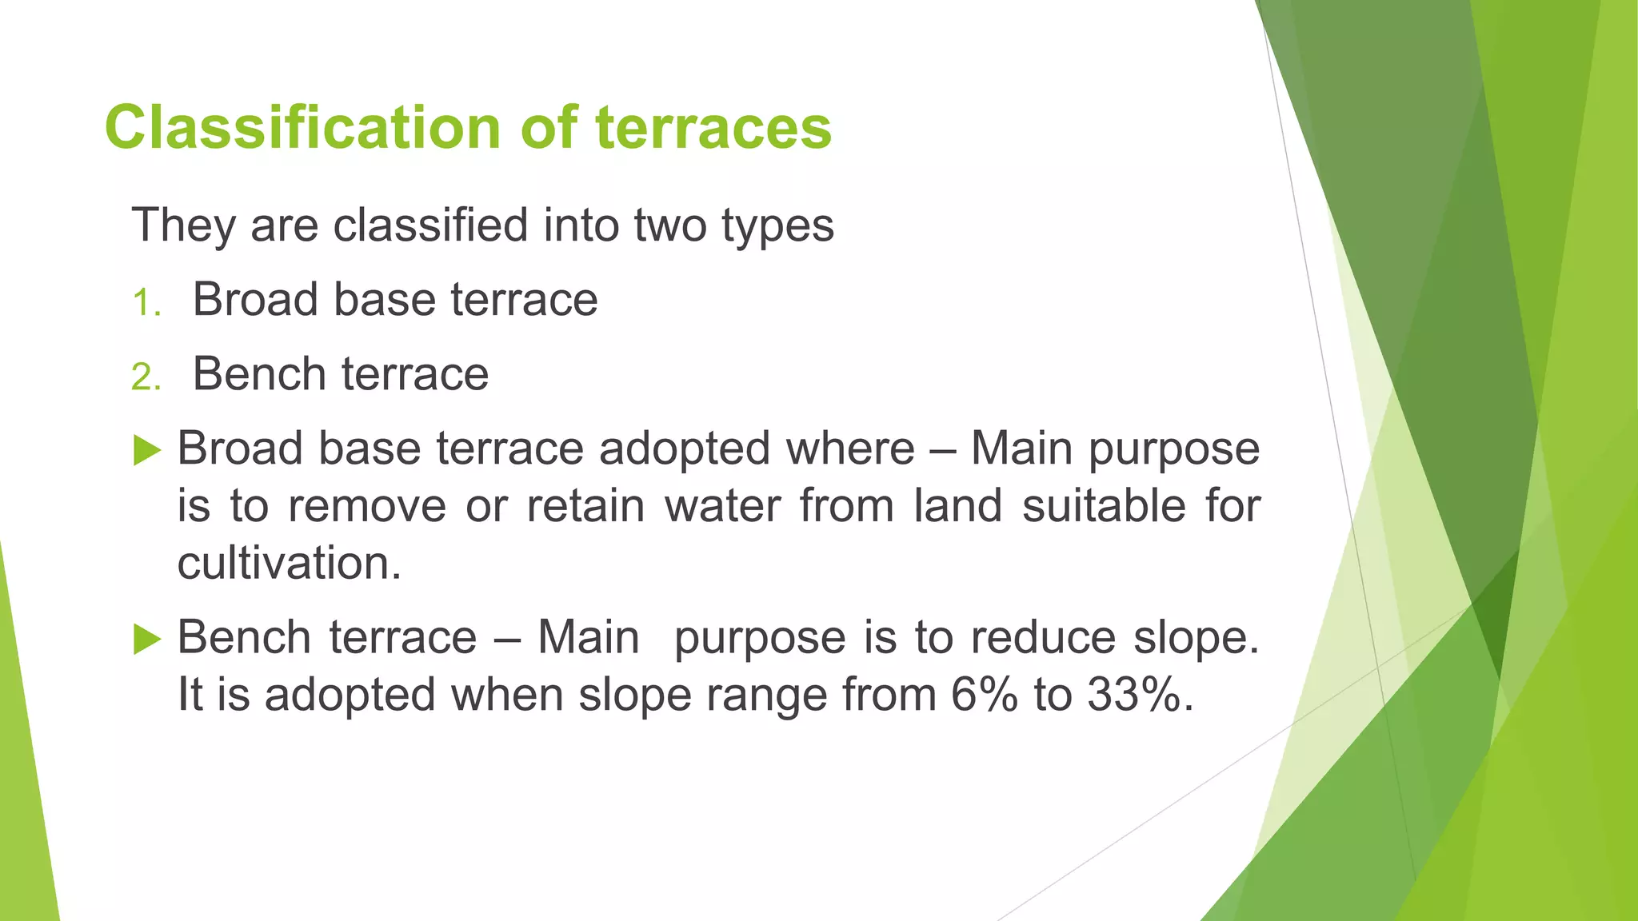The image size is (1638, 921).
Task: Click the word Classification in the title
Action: pyautogui.click(x=304, y=128)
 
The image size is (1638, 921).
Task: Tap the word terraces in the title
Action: pyautogui.click(x=713, y=128)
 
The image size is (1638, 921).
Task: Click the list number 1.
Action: pyautogui.click(x=146, y=304)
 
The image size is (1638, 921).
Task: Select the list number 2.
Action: pyautogui.click(x=146, y=377)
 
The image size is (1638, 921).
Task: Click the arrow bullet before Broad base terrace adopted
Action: pyautogui.click(x=147, y=450)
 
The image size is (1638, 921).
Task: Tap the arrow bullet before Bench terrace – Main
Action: pyautogui.click(x=147, y=639)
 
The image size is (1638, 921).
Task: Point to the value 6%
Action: pyautogui.click(x=985, y=694)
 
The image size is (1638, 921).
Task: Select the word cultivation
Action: pyautogui.click(x=288, y=563)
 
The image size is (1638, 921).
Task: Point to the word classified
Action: pyautogui.click(x=430, y=225)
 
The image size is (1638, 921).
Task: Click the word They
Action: pyautogui.click(x=184, y=225)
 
